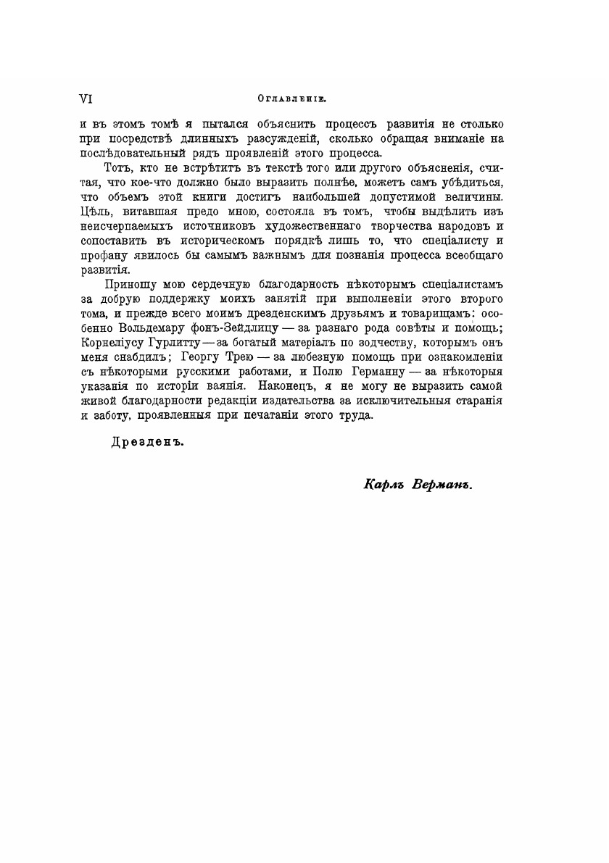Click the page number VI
[86, 97]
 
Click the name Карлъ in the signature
[384, 485]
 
